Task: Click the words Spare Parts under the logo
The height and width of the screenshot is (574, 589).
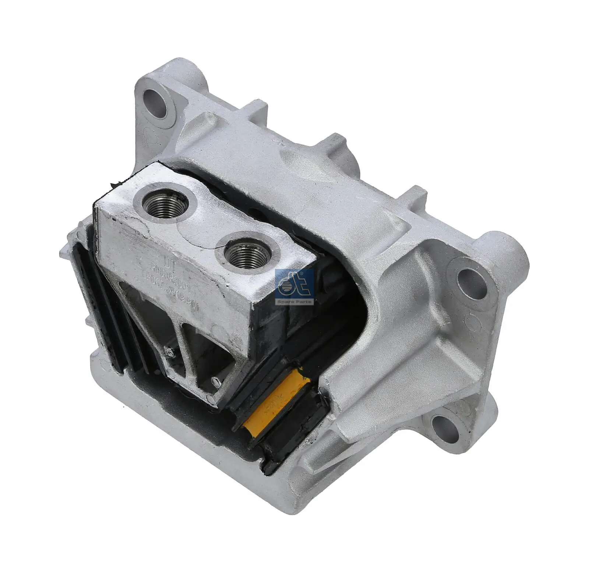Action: pyautogui.click(x=294, y=302)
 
